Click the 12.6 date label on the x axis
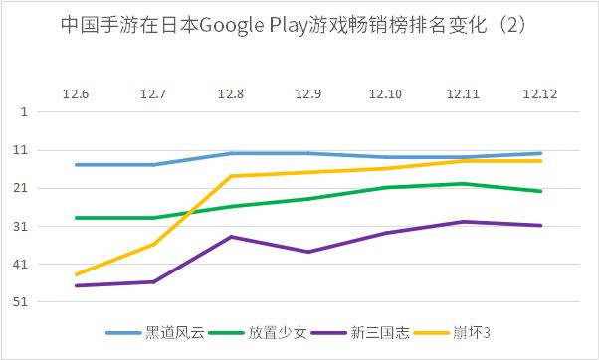coord(76,93)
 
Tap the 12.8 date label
coord(231,93)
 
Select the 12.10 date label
coord(386,93)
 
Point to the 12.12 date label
coord(541,93)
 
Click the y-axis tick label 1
coord(23,112)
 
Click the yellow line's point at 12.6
coord(76,274)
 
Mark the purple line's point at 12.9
coord(308,252)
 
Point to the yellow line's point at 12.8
coord(231,176)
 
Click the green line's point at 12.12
coord(541,191)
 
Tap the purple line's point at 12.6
coord(76,286)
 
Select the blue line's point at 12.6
coord(76,165)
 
